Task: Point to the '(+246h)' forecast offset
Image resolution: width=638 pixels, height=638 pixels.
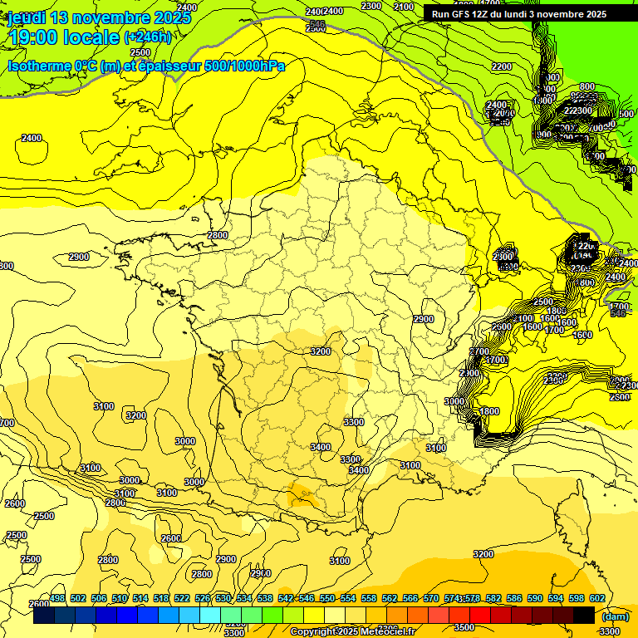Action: click(147, 37)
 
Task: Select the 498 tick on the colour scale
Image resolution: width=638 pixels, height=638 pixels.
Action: click(57, 598)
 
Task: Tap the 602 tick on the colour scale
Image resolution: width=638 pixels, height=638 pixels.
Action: click(596, 598)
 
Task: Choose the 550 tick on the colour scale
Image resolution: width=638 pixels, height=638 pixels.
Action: click(327, 598)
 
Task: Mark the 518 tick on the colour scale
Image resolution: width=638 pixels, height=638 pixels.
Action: click(161, 598)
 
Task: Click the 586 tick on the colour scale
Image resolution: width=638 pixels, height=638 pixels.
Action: click(513, 598)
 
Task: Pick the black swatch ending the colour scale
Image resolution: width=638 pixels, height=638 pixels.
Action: click(584, 616)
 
